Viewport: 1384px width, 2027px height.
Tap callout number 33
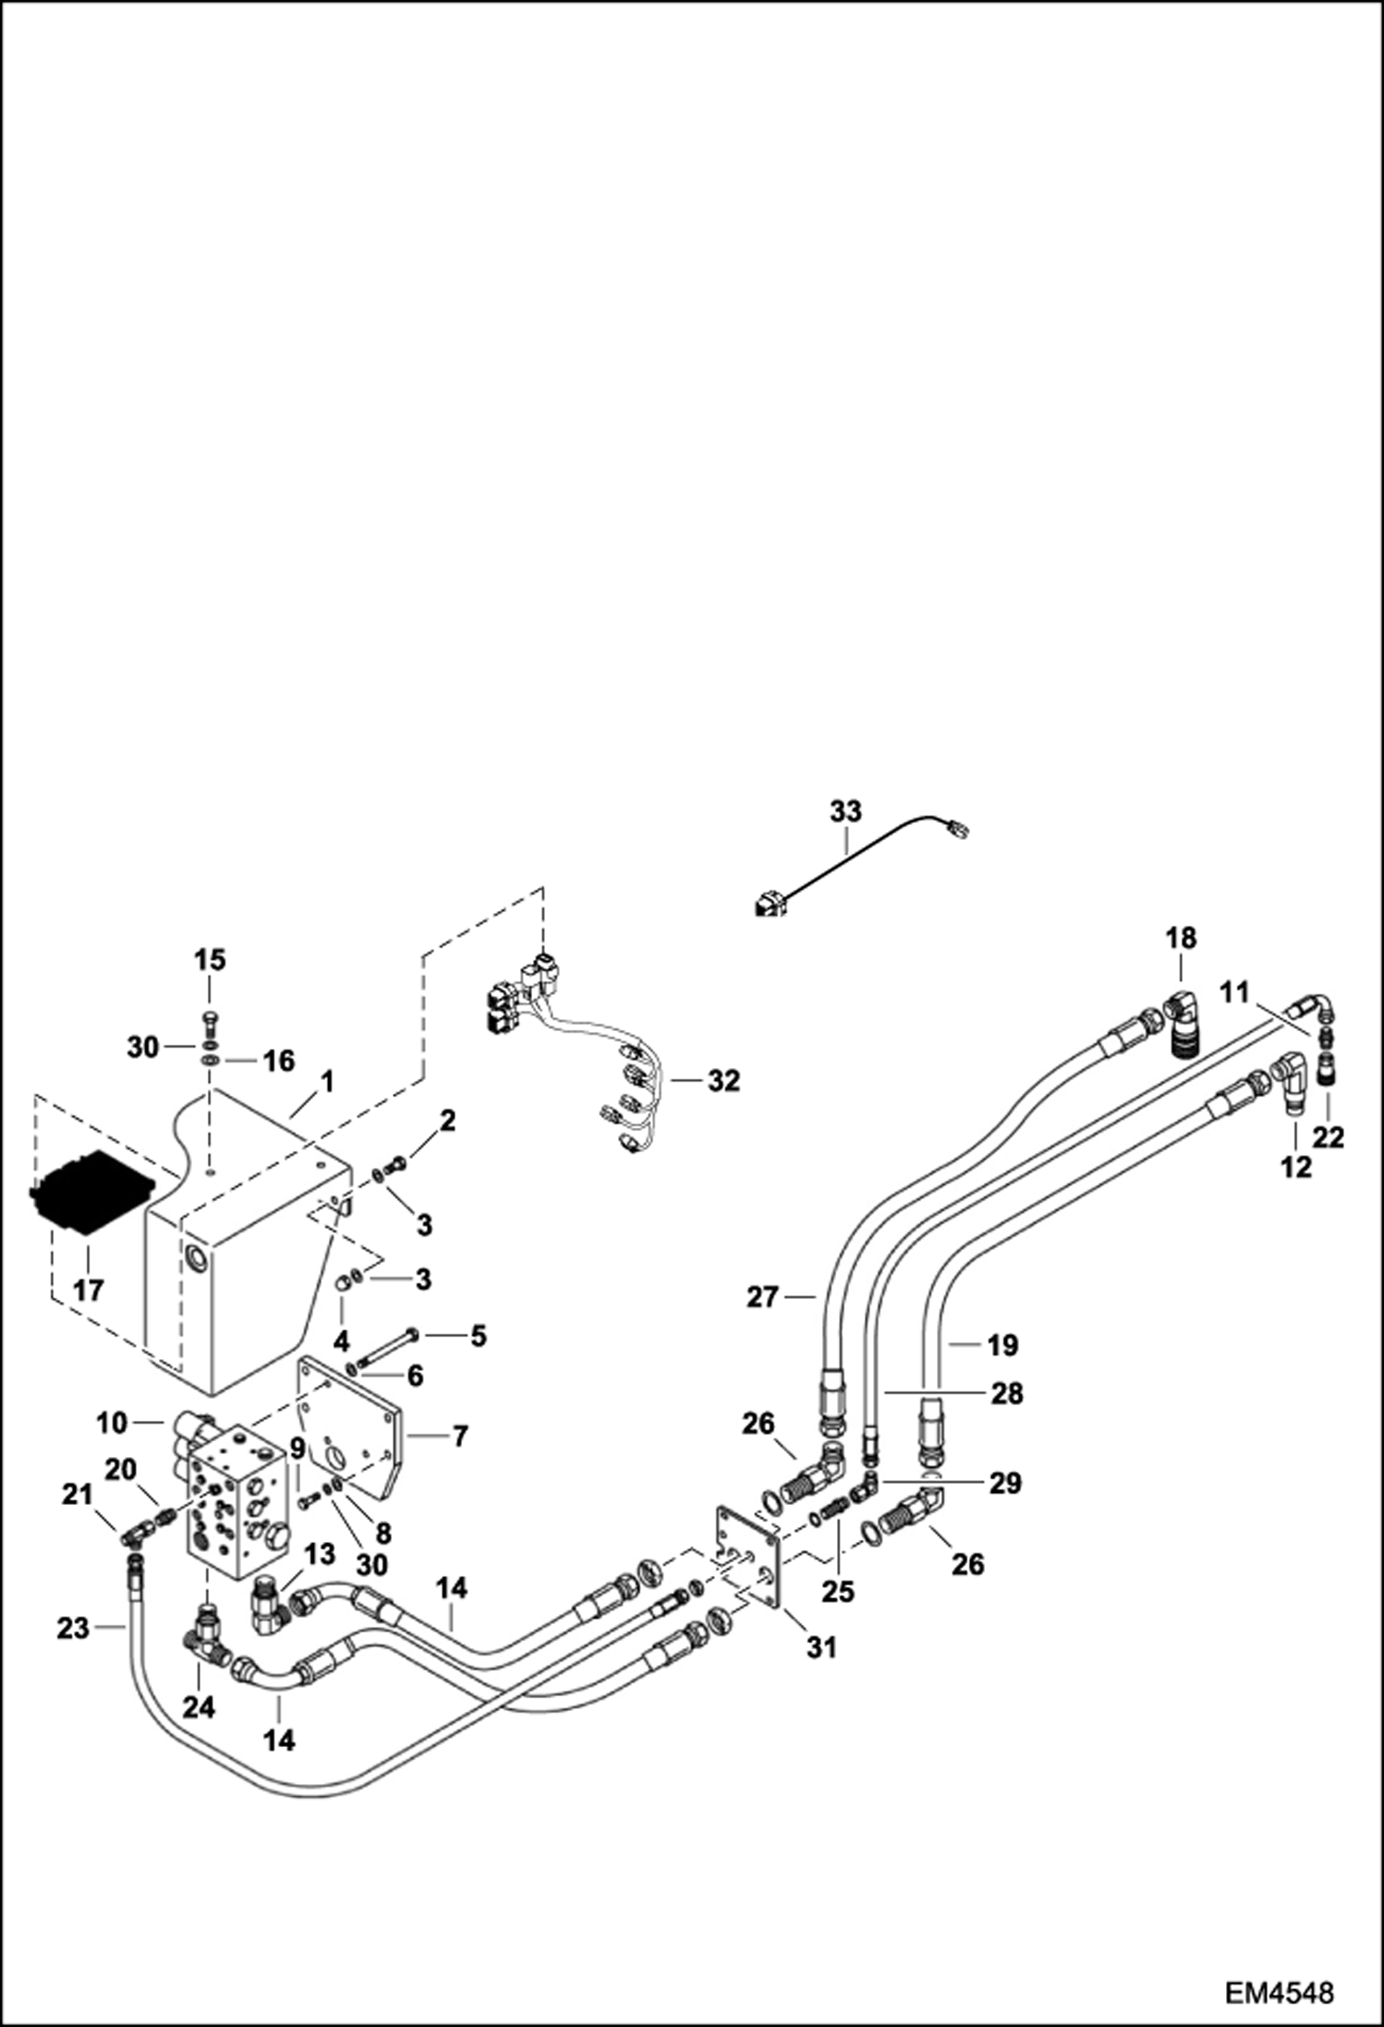[x=845, y=811]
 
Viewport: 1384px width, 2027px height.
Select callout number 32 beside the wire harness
[x=724, y=1080]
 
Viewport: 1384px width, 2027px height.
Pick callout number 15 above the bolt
[x=210, y=960]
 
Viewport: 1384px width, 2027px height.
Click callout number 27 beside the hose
[x=763, y=1298]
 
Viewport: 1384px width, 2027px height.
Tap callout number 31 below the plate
[x=821, y=1646]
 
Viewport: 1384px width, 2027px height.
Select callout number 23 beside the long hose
[x=73, y=1628]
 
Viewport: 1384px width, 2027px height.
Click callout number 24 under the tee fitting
[x=198, y=1707]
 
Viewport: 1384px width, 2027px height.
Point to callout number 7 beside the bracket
[x=459, y=1437]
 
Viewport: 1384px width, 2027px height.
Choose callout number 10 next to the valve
[x=111, y=1424]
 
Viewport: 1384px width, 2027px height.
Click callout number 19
[x=1002, y=1345]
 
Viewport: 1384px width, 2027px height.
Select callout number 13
[x=320, y=1555]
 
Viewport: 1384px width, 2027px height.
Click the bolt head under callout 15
[x=210, y=1018]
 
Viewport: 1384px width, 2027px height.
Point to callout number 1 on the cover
[x=327, y=1080]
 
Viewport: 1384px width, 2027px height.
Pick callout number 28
[x=1007, y=1392]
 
